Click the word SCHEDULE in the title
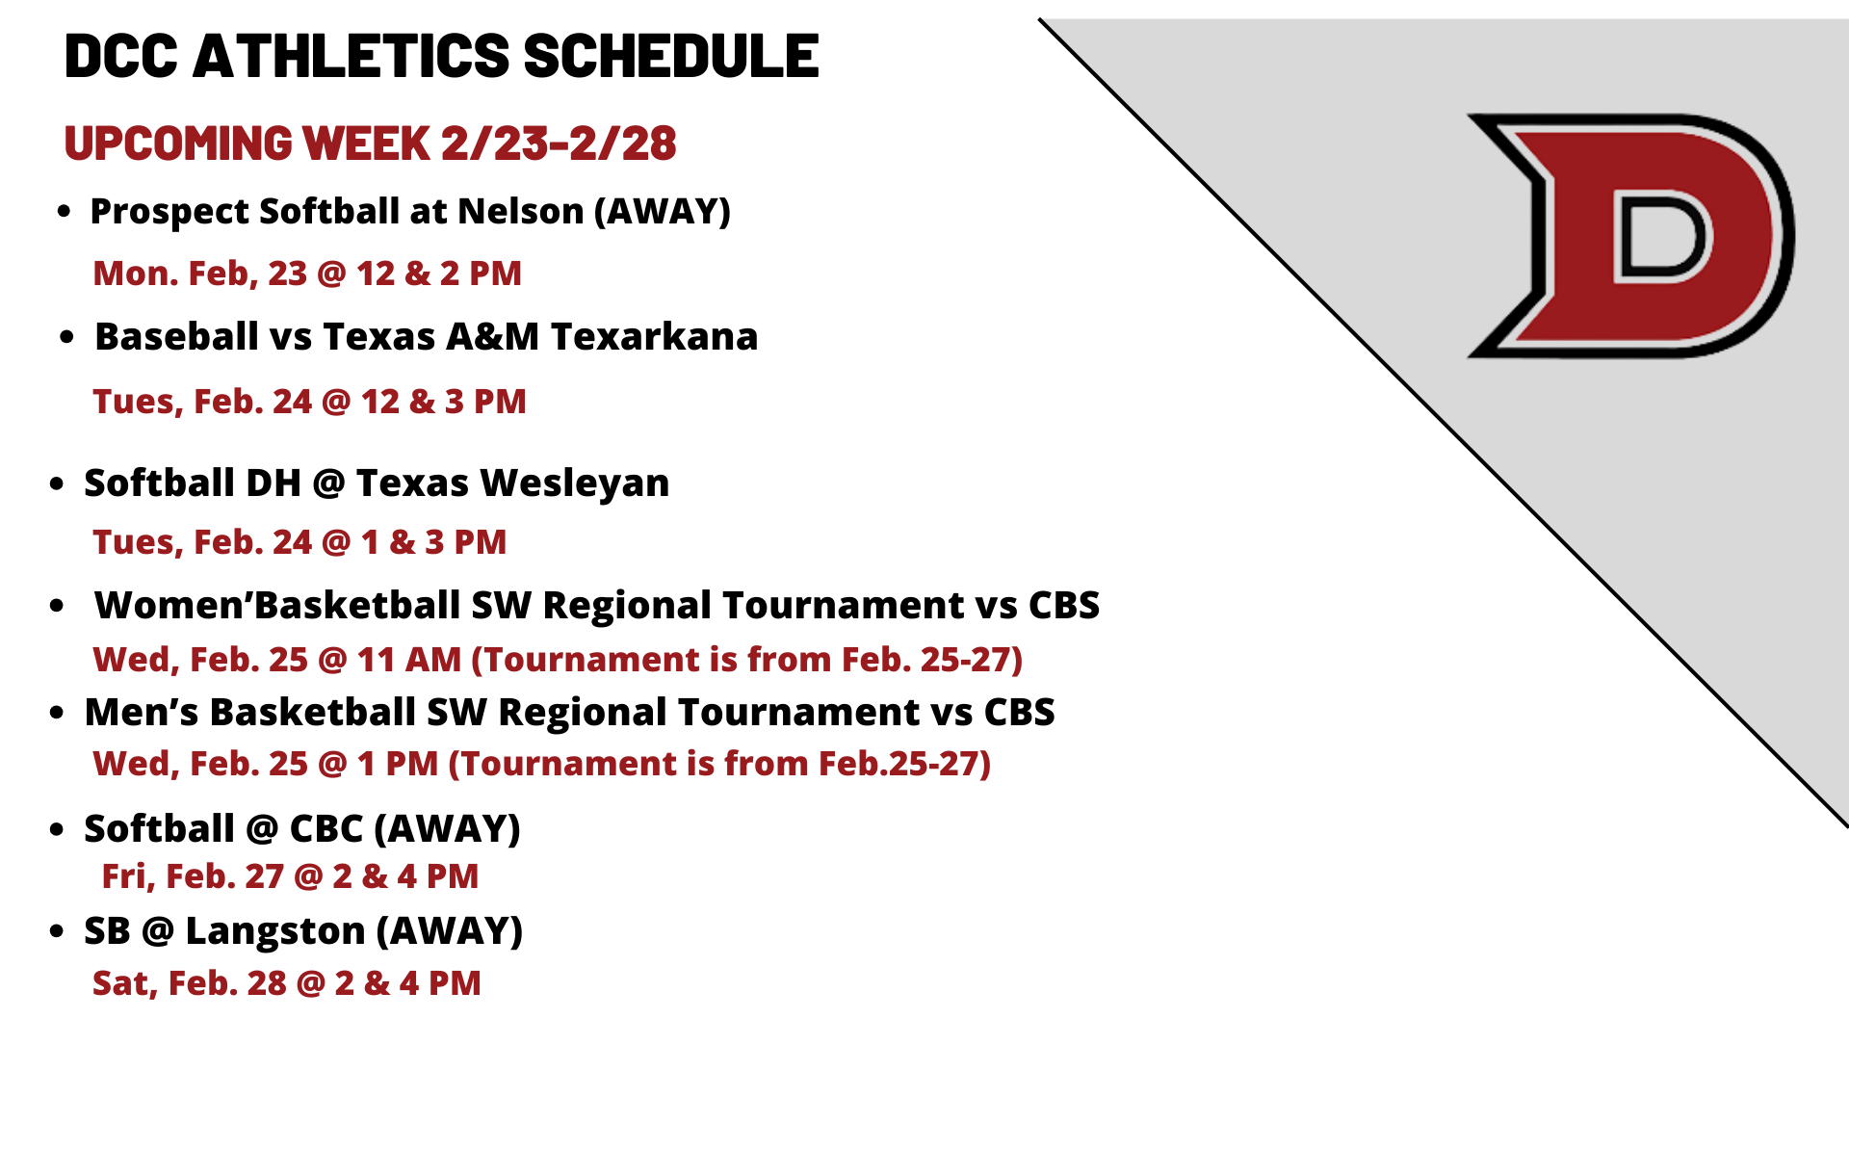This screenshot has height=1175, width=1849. pyautogui.click(x=671, y=56)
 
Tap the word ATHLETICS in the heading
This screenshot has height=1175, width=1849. pyautogui.click(x=352, y=56)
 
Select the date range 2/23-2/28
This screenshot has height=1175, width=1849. pyautogui.click(x=559, y=144)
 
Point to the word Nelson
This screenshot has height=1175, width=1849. pyautogui.click(x=521, y=211)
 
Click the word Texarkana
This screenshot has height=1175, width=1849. pyautogui.click(x=655, y=337)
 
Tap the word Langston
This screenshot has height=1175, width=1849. pyautogui.click(x=275, y=931)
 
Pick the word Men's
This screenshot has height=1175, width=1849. pyautogui.click(x=142, y=713)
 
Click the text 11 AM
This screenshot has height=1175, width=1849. pyautogui.click(x=409, y=660)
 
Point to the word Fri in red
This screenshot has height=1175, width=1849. pyautogui.click(x=124, y=876)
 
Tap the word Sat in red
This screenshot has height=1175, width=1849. pyautogui.click(x=120, y=983)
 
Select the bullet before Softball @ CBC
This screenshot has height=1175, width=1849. pyautogui.click(x=58, y=830)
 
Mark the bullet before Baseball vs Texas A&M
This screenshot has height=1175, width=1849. pyautogui.click(x=66, y=338)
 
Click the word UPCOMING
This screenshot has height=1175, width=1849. pyautogui.click(x=178, y=144)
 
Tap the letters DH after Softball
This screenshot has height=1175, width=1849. pyautogui.click(x=273, y=483)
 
